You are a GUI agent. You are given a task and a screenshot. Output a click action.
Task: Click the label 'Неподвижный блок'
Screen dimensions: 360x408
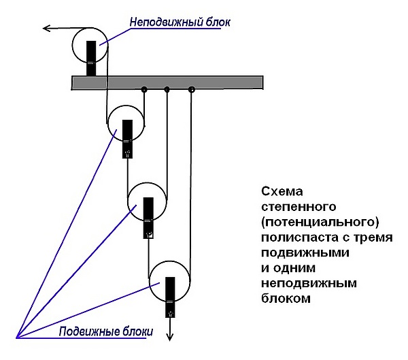pos(180,22)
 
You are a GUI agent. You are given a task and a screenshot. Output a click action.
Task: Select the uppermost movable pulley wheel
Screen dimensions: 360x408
pos(126,123)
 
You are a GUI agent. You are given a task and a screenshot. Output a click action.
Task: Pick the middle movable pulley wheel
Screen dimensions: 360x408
pos(148,201)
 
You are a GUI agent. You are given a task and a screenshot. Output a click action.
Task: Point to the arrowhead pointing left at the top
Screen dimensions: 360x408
pos(46,29)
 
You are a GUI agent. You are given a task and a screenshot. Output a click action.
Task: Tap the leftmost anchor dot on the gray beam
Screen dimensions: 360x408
pos(144,89)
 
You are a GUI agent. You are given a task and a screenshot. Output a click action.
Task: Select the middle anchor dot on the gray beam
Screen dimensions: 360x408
pos(167,89)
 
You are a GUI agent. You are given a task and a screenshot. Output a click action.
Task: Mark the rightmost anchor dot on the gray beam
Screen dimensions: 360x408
pos(191,89)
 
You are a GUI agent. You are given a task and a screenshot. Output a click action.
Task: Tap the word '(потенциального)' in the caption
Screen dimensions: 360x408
pos(318,222)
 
